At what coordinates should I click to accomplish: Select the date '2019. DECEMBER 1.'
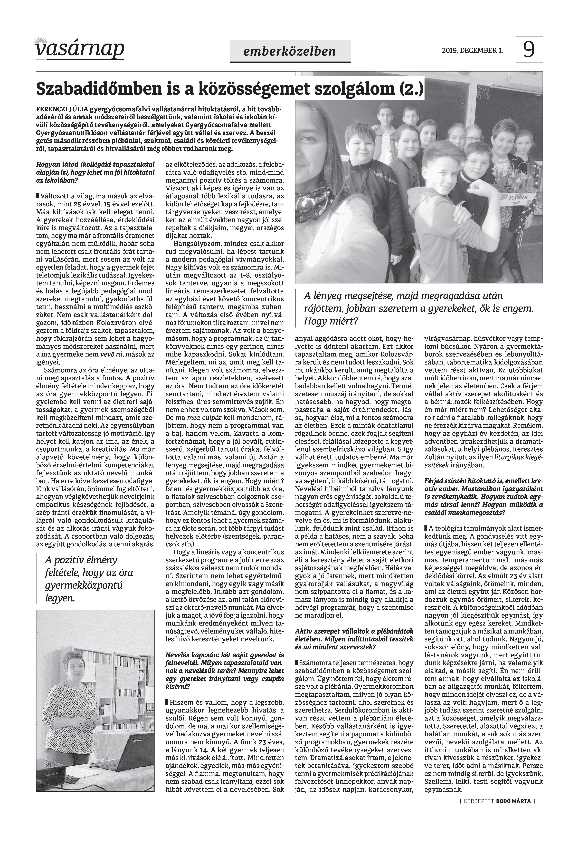[x=472, y=50]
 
